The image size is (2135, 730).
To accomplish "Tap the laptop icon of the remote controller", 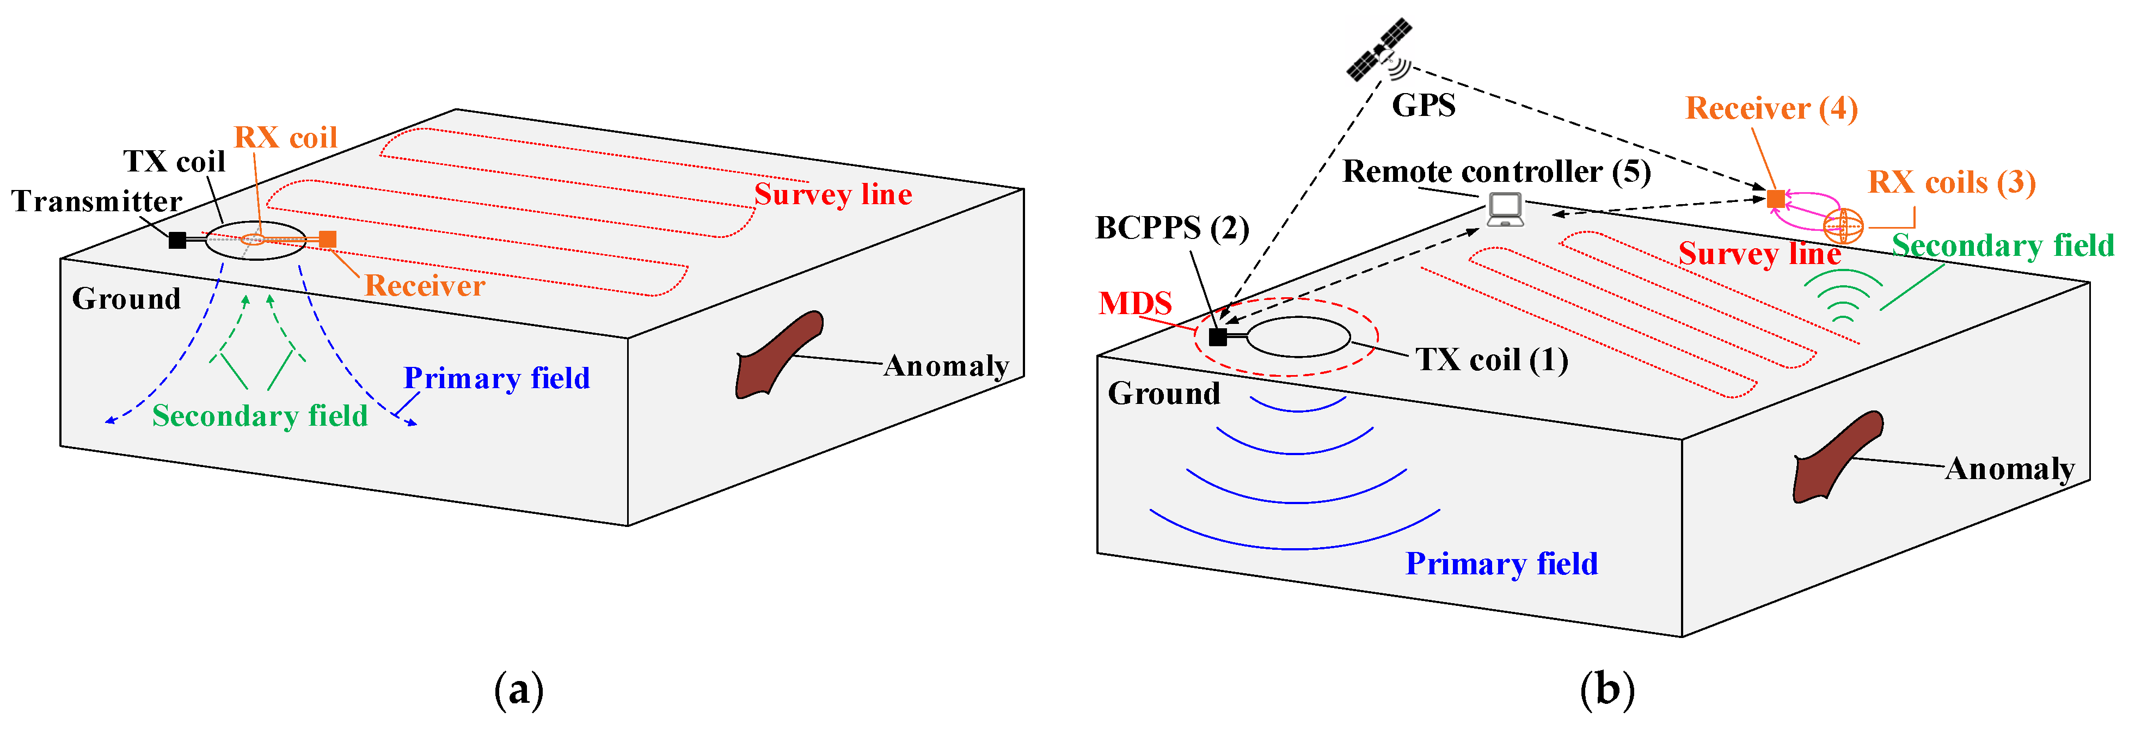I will [1504, 210].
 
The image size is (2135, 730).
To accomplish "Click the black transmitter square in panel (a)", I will [177, 240].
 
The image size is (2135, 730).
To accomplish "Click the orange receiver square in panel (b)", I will [1775, 199].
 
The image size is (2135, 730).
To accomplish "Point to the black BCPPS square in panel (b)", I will [1218, 336].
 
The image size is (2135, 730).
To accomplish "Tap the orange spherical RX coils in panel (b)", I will [1843, 224].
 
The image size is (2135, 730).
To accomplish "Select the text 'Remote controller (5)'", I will [1496, 171].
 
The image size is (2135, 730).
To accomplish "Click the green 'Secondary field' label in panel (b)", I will [2002, 246].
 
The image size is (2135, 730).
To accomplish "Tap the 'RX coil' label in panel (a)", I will [285, 138].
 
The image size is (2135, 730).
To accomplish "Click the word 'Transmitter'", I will [96, 201].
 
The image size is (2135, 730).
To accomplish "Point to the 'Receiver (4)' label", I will [1771, 108].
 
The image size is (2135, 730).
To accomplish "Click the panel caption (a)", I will [519, 689].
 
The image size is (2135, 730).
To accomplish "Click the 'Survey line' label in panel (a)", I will [832, 194].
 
